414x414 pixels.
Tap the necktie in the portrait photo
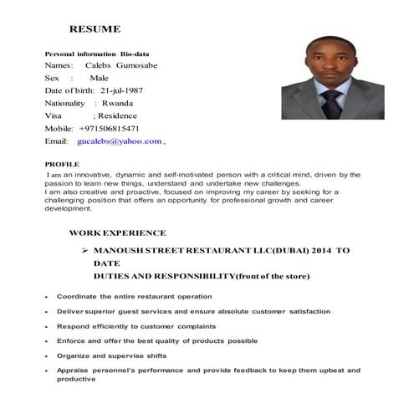point(333,103)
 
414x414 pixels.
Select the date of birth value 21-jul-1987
point(127,89)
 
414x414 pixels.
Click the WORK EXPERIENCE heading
point(117,232)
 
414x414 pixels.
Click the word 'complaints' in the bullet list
point(191,325)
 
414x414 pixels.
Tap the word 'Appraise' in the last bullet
point(73,370)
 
